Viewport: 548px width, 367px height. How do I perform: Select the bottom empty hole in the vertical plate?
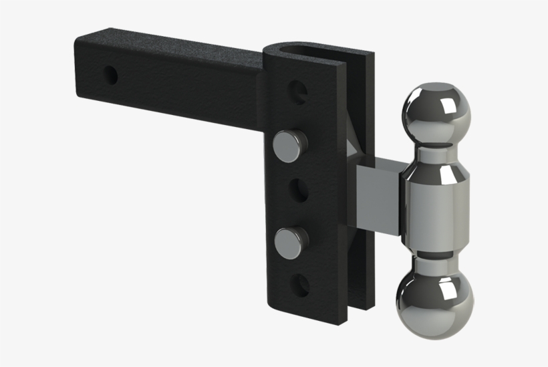tap(300, 285)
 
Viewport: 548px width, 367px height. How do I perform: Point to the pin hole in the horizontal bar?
tap(111, 74)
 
